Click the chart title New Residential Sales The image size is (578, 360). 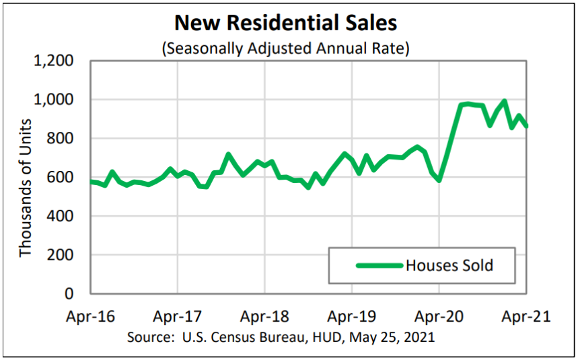pos(285,23)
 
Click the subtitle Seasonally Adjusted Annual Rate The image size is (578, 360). pos(285,48)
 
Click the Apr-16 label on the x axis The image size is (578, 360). pos(90,316)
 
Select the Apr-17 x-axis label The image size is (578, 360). pos(178,316)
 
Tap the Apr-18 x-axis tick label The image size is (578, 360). pos(265,316)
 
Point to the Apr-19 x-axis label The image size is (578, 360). pos(352,316)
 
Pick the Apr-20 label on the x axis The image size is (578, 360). pos(439,316)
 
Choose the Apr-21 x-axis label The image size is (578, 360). pos(527,316)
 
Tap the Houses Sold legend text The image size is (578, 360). pos(449,265)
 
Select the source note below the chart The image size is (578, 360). pos(281,335)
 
